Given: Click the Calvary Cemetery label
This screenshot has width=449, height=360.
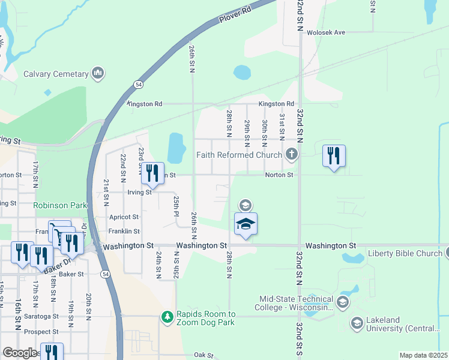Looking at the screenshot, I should click(x=55, y=74).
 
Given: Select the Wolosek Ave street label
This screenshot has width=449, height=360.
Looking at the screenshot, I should click(x=327, y=32).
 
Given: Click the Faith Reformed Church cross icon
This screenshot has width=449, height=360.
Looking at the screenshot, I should click(x=292, y=155).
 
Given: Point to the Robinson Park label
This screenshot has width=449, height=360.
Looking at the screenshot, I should click(x=60, y=205).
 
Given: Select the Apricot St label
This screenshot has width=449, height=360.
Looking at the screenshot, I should click(x=124, y=217).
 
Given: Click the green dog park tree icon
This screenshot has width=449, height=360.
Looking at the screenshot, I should click(x=168, y=315).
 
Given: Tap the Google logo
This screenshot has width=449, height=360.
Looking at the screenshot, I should click(x=20, y=353).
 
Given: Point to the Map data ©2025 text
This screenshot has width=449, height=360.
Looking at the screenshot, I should click(x=423, y=355).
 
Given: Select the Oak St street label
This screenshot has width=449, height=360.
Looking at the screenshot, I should click(x=203, y=355).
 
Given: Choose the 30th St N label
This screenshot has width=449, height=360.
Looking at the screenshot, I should click(x=265, y=131).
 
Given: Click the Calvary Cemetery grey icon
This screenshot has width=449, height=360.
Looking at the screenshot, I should click(x=98, y=74).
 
